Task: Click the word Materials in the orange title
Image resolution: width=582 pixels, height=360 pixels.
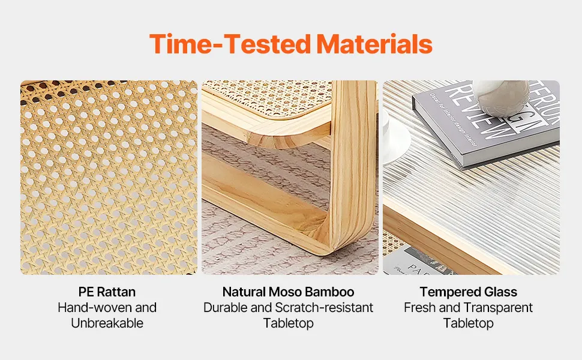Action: pos(374,44)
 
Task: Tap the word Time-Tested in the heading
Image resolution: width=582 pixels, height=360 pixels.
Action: pos(230,44)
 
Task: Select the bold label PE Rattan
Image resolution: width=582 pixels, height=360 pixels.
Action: pos(107,292)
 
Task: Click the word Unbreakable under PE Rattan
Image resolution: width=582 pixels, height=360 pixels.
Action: pos(107,323)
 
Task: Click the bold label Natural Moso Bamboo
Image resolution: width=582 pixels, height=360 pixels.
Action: pos(289,292)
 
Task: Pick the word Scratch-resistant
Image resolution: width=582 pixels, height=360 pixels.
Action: pos(324,307)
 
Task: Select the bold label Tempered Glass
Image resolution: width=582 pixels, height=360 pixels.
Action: pos(469,292)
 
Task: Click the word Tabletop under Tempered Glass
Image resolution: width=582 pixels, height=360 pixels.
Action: pos(469,323)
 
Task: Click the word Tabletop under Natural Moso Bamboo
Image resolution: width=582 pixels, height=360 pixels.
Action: pos(289,323)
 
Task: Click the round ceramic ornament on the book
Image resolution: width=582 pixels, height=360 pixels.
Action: pos(501,97)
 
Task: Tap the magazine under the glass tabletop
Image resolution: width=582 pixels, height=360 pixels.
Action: pos(416,262)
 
